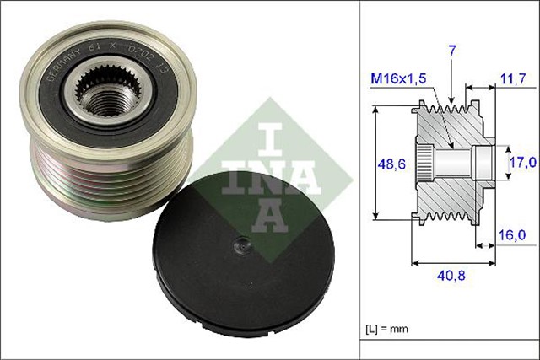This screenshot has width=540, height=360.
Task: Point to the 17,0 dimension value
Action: click(522, 161)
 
